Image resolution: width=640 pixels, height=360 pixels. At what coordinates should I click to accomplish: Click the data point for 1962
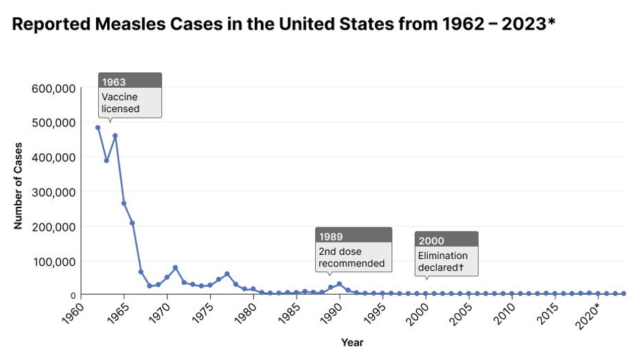click(x=98, y=127)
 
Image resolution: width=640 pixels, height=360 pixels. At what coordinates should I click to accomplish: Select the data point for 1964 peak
click(x=115, y=135)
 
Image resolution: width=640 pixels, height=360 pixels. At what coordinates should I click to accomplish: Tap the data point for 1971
click(x=175, y=267)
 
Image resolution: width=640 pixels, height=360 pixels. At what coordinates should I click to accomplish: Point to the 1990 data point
click(x=339, y=284)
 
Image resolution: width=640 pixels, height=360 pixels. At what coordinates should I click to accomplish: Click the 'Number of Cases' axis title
click(x=19, y=185)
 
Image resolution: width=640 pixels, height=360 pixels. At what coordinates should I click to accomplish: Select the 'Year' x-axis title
click(x=352, y=342)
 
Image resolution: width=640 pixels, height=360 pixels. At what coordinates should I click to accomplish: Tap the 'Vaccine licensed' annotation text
click(x=120, y=102)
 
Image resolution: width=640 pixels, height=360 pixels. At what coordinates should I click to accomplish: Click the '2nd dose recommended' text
click(x=352, y=257)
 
